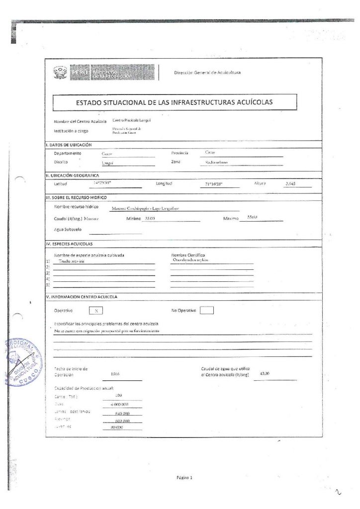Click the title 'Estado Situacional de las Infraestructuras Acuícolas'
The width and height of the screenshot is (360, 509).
coord(175,103)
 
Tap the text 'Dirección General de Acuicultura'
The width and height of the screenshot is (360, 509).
coord(207,73)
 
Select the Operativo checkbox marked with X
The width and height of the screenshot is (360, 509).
coord(96,311)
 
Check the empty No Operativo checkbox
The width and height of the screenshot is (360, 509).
coord(206,311)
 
